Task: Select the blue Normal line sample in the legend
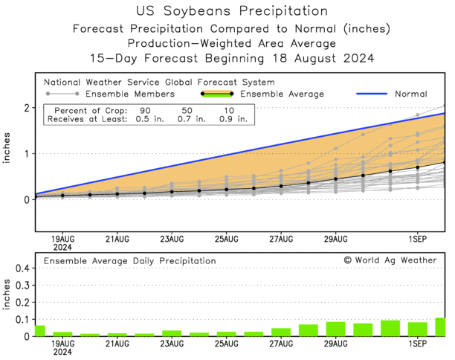371,94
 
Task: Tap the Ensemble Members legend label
129,94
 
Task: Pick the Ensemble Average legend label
284,94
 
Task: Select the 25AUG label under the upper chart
226,239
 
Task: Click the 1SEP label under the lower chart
417,345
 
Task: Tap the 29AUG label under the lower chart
335,345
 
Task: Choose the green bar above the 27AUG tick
281,332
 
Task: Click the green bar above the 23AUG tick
172,333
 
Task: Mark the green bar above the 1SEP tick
418,329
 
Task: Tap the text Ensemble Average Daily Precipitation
129,261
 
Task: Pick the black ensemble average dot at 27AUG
281,186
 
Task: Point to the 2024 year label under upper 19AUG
62,247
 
